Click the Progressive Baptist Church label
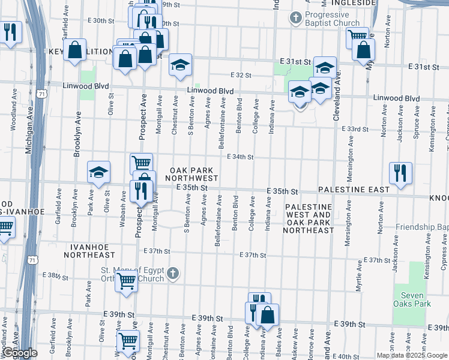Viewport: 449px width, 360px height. point(332,19)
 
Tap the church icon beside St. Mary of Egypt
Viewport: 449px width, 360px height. point(173,274)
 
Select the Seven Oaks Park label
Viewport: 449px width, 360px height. point(414,299)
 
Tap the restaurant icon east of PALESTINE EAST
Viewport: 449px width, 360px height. point(399,173)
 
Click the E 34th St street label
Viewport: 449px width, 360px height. point(240,157)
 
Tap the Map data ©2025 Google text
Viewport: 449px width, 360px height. point(411,355)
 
